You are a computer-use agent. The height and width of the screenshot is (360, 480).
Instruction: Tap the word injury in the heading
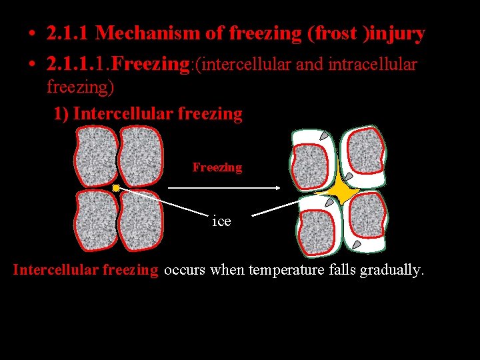397,33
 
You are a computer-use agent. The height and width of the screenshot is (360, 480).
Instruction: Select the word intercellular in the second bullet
241,65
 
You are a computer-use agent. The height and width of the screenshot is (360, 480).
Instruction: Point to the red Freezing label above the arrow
217,167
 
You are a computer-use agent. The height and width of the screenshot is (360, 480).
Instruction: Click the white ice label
221,221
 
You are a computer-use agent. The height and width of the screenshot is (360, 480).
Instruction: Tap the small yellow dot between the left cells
116,189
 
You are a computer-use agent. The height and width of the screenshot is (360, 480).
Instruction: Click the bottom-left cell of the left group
96,221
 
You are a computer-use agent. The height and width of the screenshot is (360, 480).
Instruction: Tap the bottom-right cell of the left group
141,221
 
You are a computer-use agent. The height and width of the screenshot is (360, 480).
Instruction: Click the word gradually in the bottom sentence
391,271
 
